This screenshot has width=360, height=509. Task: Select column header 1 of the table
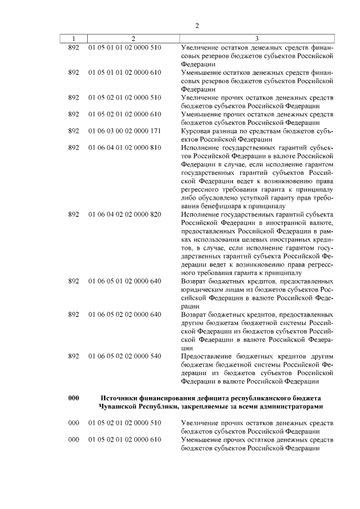[x=73, y=39]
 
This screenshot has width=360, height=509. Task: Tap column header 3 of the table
[x=256, y=39]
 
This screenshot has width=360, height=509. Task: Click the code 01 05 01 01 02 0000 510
[x=124, y=47]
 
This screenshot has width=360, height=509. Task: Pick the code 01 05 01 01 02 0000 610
[x=124, y=73]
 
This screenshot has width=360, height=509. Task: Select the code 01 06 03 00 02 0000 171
[x=124, y=130]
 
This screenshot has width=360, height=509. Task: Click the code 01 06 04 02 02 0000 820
[x=124, y=214]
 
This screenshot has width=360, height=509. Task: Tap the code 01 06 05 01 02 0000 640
[x=124, y=281]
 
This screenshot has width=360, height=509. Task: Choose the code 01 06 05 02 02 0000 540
[x=124, y=357]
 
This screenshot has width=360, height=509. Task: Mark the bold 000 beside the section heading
[x=73, y=398]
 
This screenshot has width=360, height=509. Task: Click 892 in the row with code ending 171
[x=73, y=130]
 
